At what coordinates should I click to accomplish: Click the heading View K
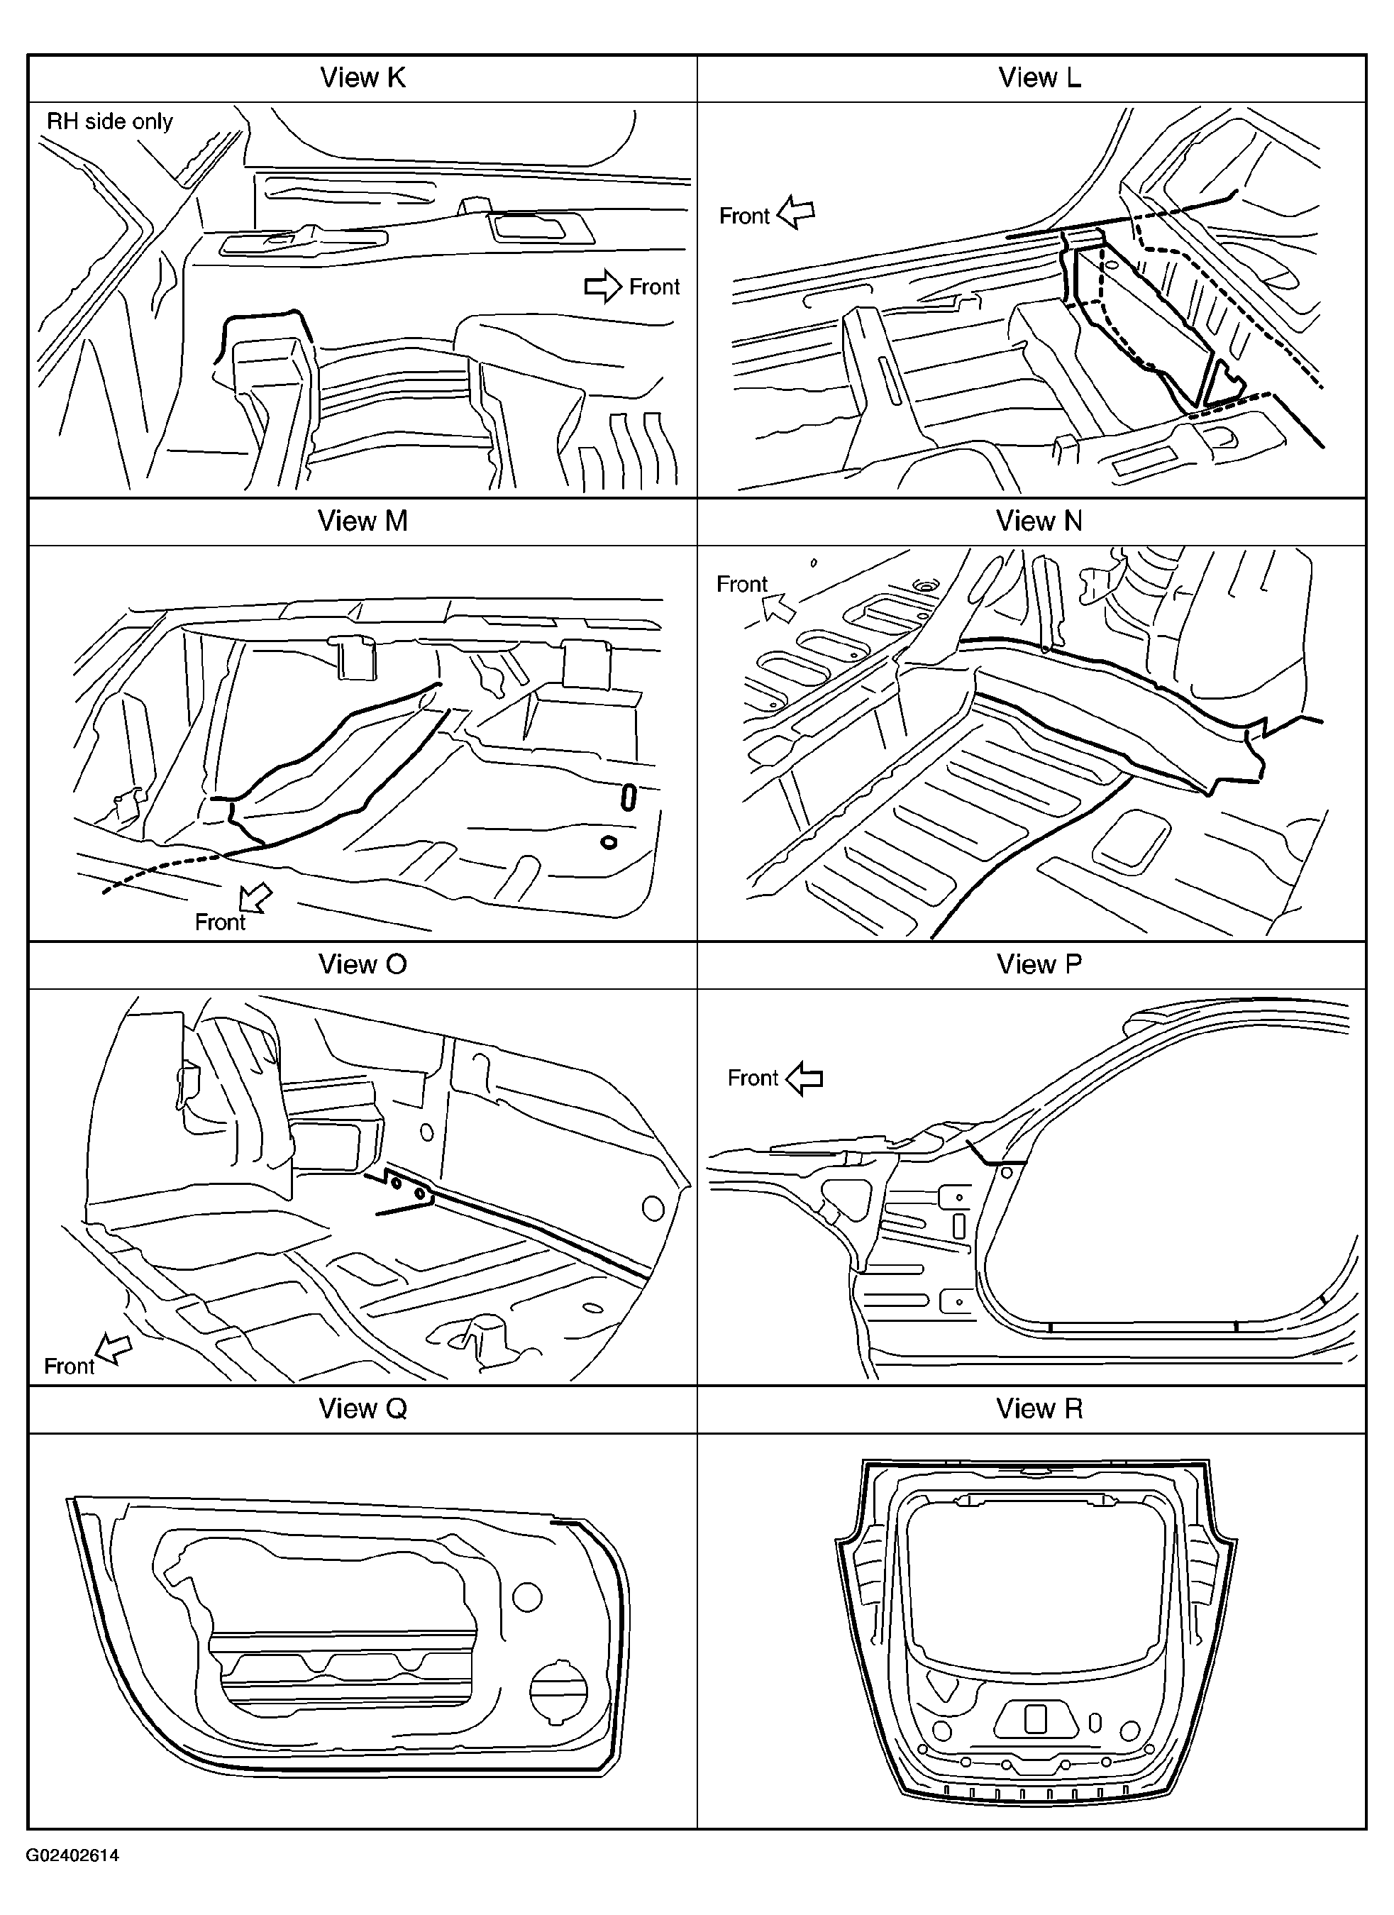(363, 77)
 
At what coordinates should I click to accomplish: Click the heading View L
(1039, 77)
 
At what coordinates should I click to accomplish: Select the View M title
(363, 521)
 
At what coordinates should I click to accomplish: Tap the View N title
(1039, 521)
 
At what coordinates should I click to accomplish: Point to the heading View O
(363, 964)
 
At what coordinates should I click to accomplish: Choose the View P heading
(1039, 964)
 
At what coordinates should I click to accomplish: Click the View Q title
(363, 1408)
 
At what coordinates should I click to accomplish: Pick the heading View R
(1039, 1408)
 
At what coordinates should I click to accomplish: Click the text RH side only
(110, 121)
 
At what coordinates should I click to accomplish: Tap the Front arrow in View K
(603, 286)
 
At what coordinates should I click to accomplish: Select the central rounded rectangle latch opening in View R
(1036, 1718)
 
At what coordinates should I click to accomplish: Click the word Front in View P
(752, 1078)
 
